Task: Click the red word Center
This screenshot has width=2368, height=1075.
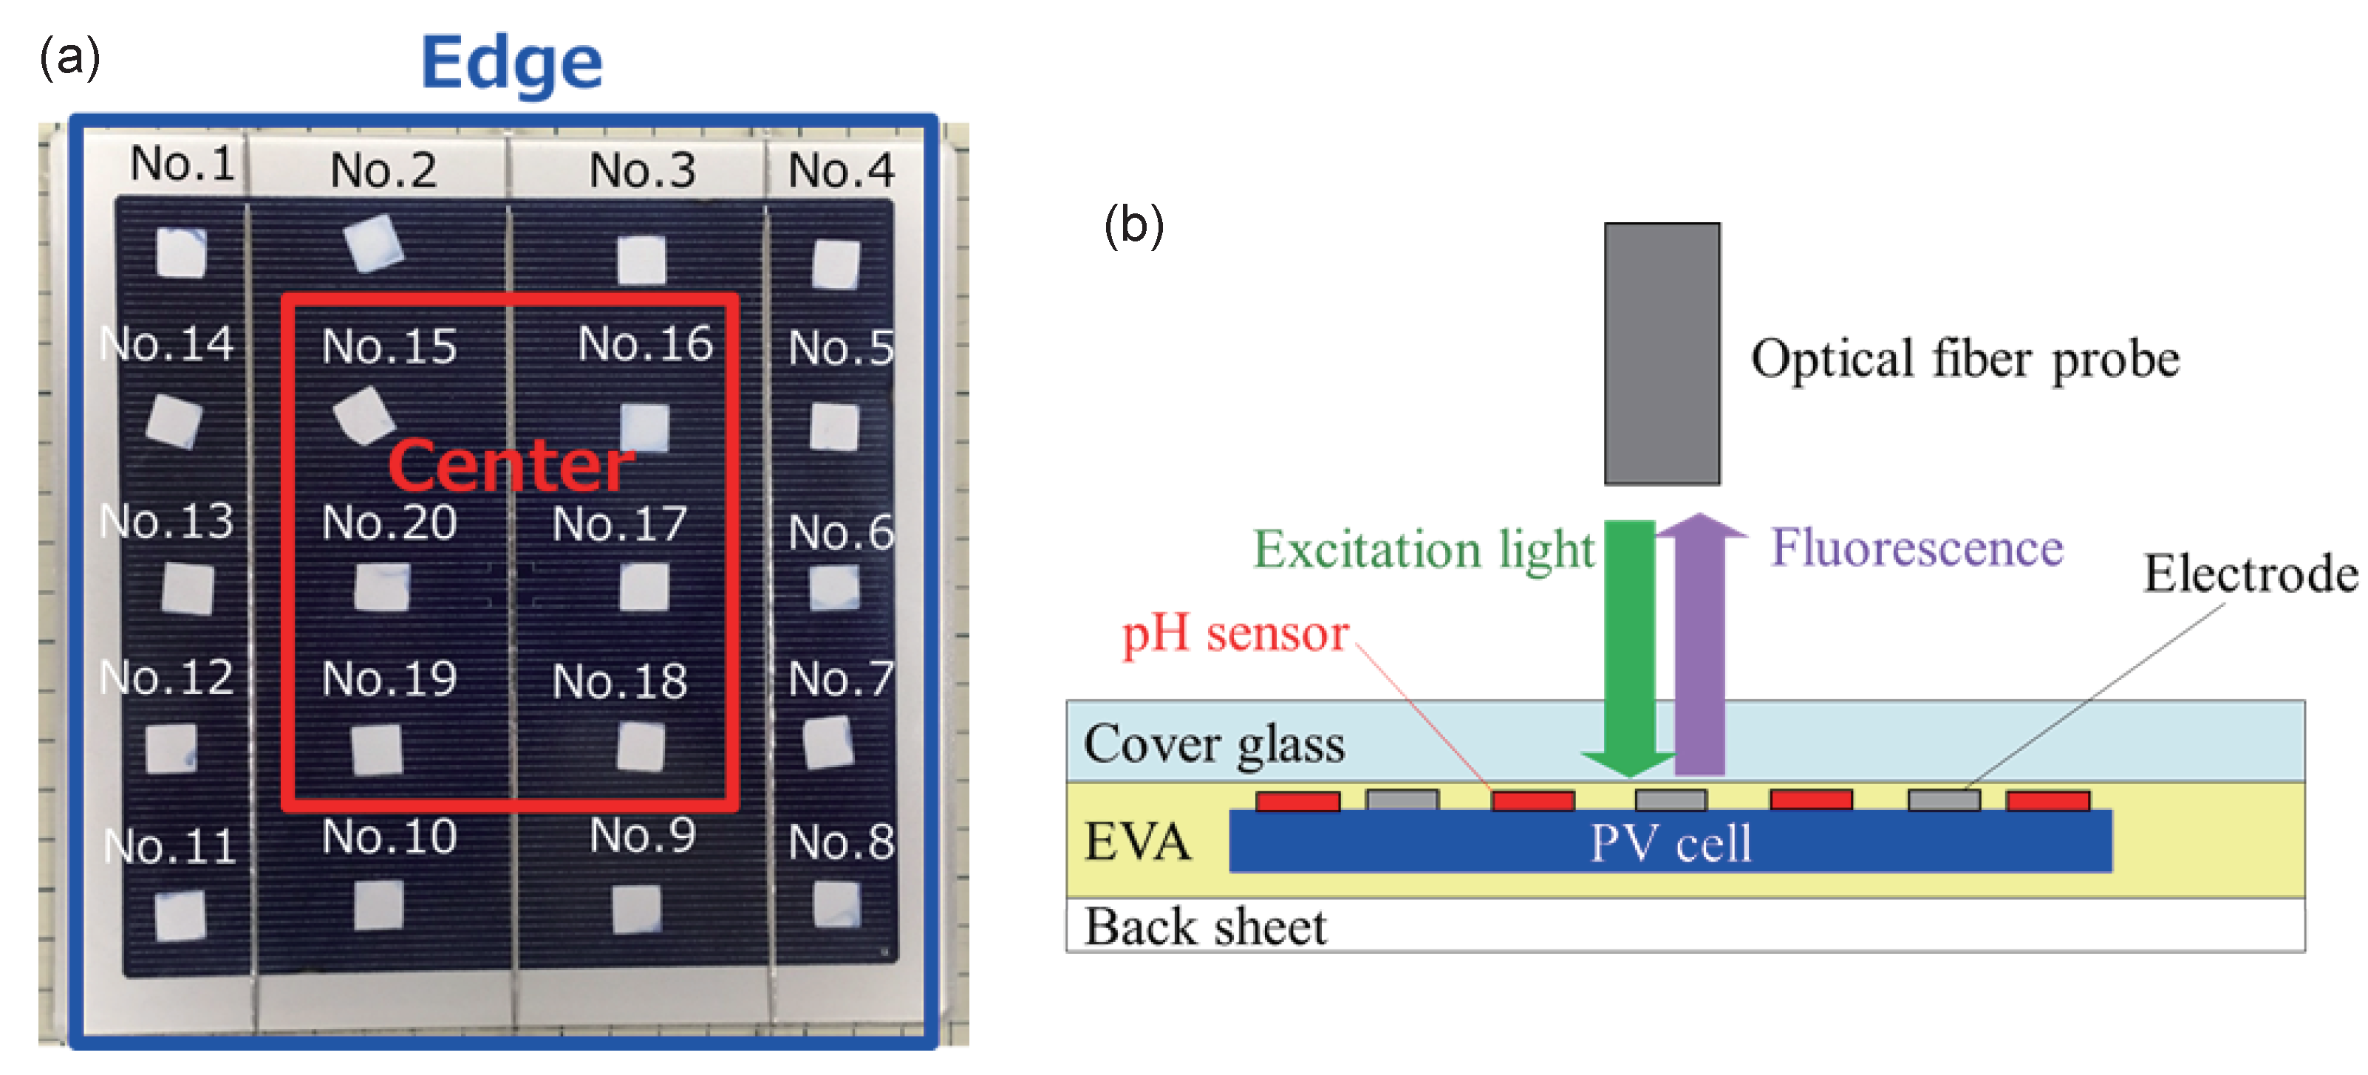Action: click(x=511, y=465)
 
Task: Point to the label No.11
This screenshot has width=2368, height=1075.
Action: click(x=171, y=846)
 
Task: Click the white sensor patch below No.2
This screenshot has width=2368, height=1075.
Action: click(x=373, y=244)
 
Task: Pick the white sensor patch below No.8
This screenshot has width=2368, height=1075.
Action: click(x=836, y=905)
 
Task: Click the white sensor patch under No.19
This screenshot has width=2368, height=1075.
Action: click(x=377, y=749)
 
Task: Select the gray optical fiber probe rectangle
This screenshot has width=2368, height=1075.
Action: click(x=1661, y=354)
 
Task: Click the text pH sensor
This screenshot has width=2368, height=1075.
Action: click(x=1235, y=634)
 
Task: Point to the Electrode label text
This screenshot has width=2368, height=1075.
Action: click(x=2250, y=574)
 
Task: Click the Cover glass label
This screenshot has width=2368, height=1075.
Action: click(x=1213, y=744)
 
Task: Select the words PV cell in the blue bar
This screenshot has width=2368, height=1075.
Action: click(x=1671, y=843)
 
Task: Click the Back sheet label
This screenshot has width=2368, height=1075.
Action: click(x=1205, y=926)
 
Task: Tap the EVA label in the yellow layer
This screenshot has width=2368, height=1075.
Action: click(x=1137, y=842)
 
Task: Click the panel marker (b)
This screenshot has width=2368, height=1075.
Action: click(x=1133, y=226)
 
